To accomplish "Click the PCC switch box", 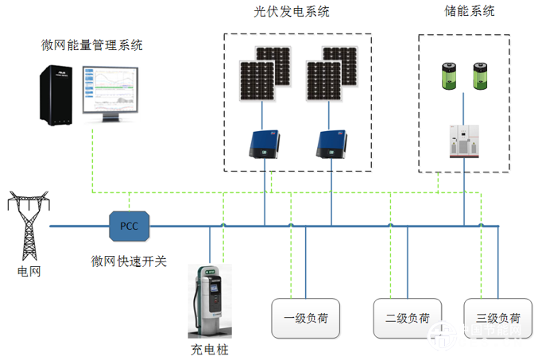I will (x=129, y=226).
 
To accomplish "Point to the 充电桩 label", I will (x=209, y=349).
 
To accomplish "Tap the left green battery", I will (x=446, y=77).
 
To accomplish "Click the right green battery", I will (x=480, y=77).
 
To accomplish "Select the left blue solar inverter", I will (x=263, y=143).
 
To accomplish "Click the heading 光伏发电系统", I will (x=292, y=12).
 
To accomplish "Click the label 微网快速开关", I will (x=129, y=261).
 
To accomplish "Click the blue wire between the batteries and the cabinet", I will (x=463, y=106).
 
